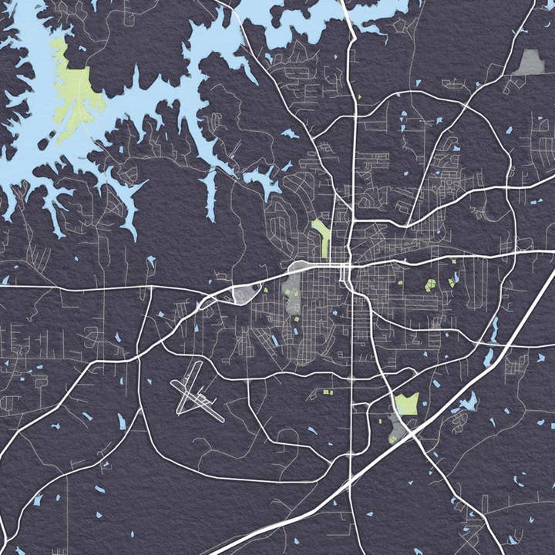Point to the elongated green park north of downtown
321,234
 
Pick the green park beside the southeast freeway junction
406,404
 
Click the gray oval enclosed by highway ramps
247,294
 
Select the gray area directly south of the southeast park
396,426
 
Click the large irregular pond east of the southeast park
466,402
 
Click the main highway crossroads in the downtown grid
348,267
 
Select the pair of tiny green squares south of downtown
328,392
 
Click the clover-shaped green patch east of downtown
431,285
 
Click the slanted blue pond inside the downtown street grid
274,340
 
